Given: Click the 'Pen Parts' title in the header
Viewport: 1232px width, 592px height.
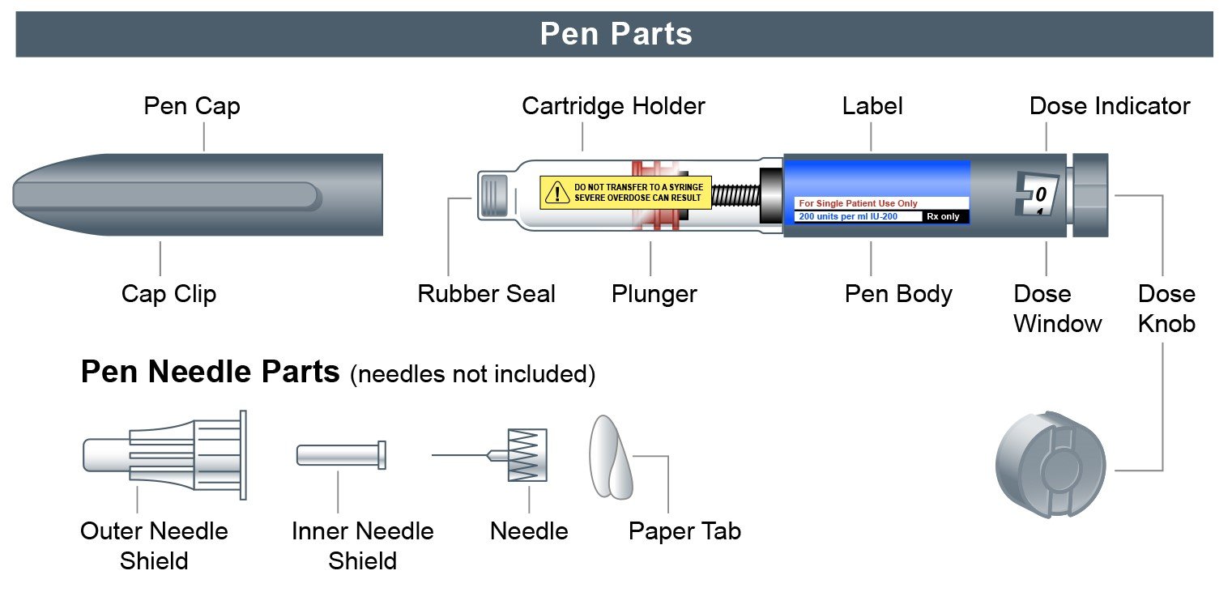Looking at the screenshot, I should click(x=616, y=34).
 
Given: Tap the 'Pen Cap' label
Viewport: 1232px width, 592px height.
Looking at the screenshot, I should click(x=192, y=106).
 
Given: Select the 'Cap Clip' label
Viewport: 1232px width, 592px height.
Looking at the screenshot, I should click(x=168, y=293).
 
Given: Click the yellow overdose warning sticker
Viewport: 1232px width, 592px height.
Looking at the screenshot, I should click(x=625, y=193).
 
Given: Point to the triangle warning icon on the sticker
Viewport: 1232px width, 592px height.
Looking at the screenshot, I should click(x=557, y=193).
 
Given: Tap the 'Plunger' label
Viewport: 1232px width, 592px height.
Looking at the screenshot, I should click(x=654, y=293).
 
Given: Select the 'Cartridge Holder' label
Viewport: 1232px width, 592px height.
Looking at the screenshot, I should click(x=613, y=106).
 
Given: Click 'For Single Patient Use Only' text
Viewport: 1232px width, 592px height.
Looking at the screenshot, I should click(x=858, y=204).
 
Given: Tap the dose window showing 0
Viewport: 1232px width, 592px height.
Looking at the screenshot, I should click(x=1038, y=195).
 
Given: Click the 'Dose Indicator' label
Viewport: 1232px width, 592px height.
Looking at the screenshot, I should click(x=1109, y=106).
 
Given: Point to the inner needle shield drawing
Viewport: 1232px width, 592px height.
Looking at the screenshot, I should click(x=340, y=455).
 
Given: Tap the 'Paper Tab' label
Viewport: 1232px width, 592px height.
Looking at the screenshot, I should click(x=684, y=531).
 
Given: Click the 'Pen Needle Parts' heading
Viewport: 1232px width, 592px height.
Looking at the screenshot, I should click(x=210, y=372).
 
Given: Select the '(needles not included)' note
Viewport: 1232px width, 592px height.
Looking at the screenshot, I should click(x=472, y=374).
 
